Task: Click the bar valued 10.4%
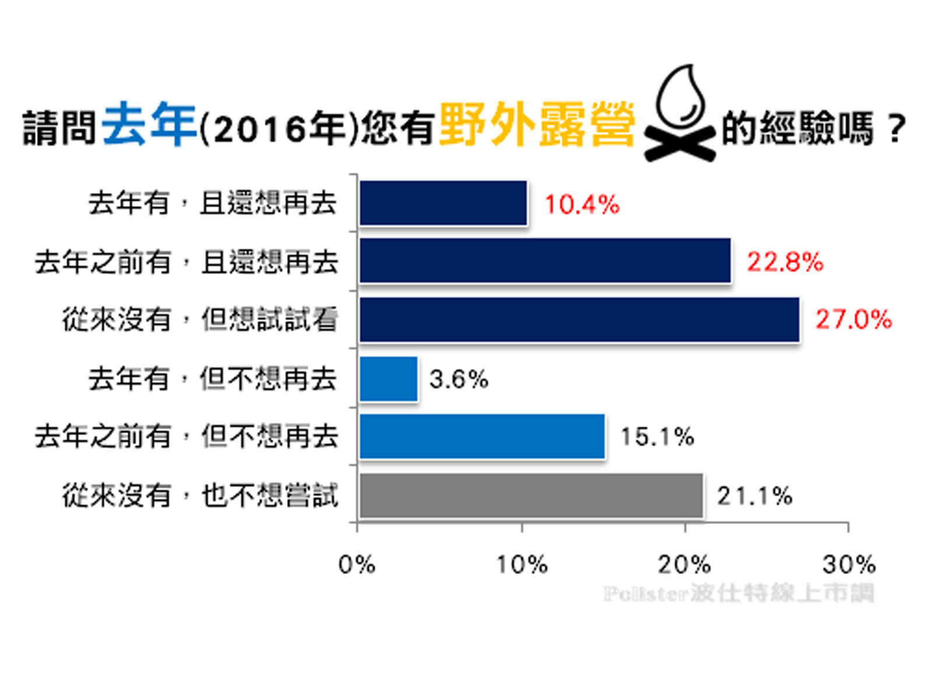pos(443,203)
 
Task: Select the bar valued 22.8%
pos(545,261)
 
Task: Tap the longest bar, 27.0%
pos(579,320)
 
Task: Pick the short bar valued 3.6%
pos(388,379)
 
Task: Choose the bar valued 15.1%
pos(482,437)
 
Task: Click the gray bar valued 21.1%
pos(531,496)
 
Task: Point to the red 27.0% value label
pos(854,320)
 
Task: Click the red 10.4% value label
pos(582,204)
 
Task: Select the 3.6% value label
pos(459,380)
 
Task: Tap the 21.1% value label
pos(755,496)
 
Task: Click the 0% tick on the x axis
pos(357,564)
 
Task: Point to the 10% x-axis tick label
pos(522,564)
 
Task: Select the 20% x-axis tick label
pos(685,564)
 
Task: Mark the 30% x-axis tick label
pos(849,564)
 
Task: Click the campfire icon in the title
pos(679,114)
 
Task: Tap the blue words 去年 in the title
pos(149,124)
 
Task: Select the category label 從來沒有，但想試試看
pos(200,320)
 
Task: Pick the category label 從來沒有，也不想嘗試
pos(200,496)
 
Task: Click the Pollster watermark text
pos(739,594)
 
